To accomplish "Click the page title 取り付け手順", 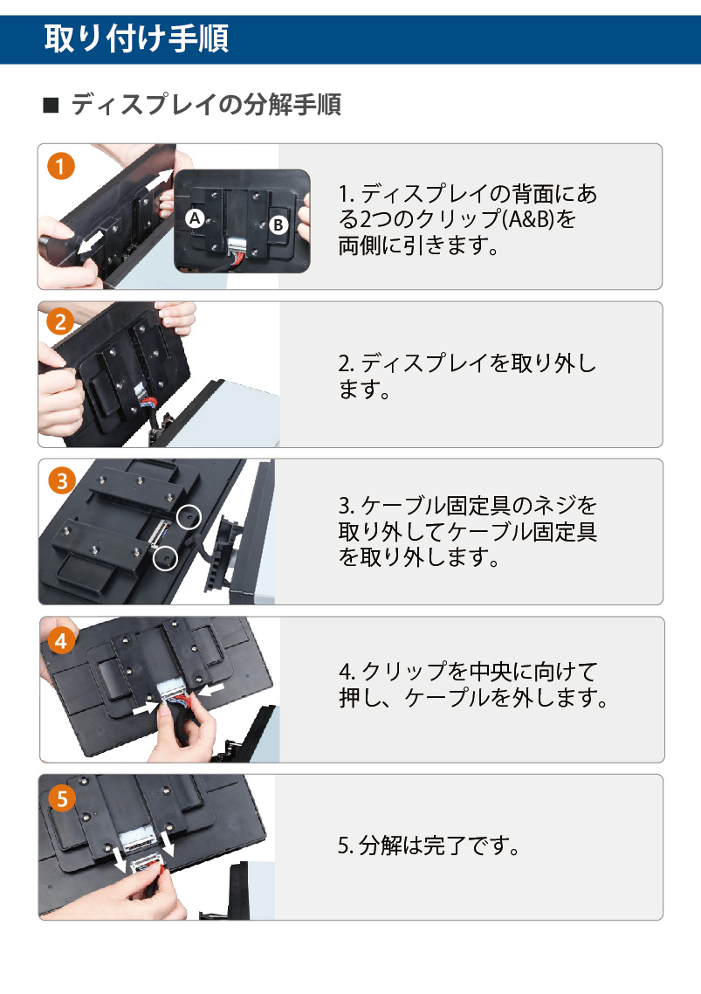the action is [x=136, y=38].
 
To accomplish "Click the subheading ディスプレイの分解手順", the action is [x=206, y=105].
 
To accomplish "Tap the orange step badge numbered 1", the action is [x=61, y=166].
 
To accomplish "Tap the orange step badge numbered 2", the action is [x=61, y=322].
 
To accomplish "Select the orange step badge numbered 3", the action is [x=62, y=481].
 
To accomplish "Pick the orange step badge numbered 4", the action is [x=61, y=641].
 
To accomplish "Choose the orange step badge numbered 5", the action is [x=62, y=798].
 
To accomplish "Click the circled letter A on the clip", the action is [x=195, y=218].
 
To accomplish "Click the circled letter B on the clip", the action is [x=278, y=224].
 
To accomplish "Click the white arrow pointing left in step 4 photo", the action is [x=211, y=688].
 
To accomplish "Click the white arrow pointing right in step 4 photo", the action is [x=146, y=708].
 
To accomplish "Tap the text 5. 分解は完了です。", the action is [x=429, y=845].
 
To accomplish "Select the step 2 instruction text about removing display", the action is [x=466, y=376].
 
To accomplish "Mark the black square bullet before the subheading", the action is [x=51, y=105].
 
